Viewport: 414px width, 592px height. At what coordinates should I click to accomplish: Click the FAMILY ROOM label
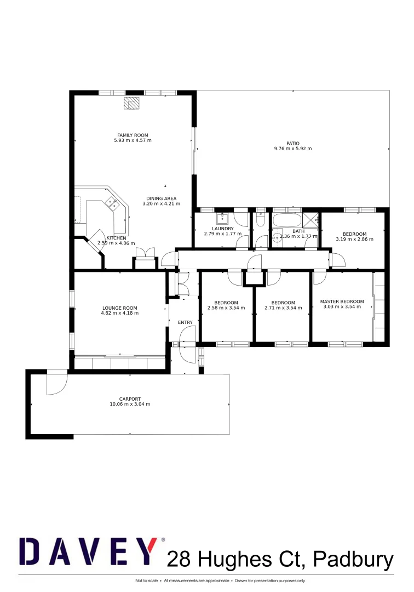(133, 135)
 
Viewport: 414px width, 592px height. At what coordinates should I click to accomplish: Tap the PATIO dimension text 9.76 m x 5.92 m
(292, 149)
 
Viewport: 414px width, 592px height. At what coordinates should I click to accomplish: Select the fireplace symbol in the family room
(131, 103)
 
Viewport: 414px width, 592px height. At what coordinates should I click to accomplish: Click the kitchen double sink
(113, 204)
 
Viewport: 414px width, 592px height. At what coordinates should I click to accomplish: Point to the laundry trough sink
(222, 219)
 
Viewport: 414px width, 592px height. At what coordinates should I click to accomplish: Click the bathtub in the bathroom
(286, 221)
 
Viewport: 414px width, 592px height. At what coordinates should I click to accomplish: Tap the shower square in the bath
(311, 220)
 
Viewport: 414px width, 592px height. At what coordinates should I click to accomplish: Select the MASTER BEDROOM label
(342, 301)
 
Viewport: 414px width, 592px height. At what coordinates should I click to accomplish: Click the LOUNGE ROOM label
(119, 308)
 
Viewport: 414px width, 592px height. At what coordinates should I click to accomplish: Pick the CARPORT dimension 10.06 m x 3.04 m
(130, 404)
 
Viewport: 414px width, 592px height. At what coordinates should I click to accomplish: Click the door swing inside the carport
(56, 382)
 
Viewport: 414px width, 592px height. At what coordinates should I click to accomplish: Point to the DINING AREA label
(161, 198)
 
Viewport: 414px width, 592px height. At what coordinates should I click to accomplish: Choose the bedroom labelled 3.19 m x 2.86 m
(354, 236)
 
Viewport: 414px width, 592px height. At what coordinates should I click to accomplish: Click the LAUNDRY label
(223, 229)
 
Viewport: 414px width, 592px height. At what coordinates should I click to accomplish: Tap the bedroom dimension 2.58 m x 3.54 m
(226, 308)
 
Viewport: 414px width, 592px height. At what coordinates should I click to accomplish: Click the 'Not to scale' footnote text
(147, 580)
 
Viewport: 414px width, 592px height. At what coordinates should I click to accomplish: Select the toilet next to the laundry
(261, 219)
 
